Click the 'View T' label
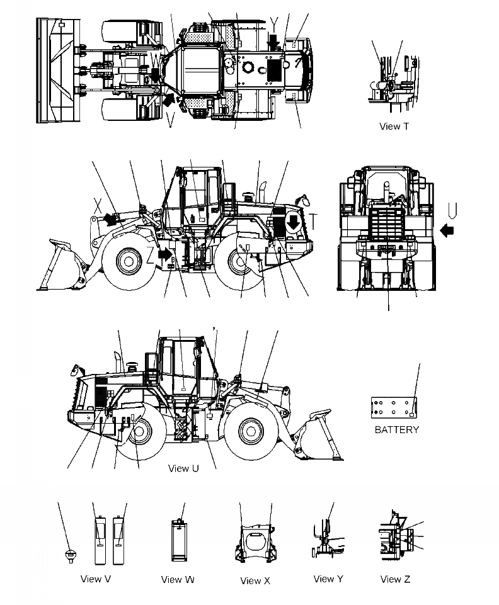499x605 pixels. point(394,127)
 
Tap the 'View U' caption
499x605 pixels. point(183,468)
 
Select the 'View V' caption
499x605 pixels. point(96,579)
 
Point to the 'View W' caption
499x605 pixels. point(178,579)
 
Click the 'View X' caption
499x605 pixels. point(255,580)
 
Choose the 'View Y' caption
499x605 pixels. point(328,579)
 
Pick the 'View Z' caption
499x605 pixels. point(395,579)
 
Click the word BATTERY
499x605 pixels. point(396,430)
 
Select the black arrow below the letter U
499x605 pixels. point(447,231)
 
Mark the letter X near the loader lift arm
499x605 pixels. point(98,205)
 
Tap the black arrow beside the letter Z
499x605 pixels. point(165,255)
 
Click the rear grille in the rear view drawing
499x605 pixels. point(384,223)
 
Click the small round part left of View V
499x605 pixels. point(71,555)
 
